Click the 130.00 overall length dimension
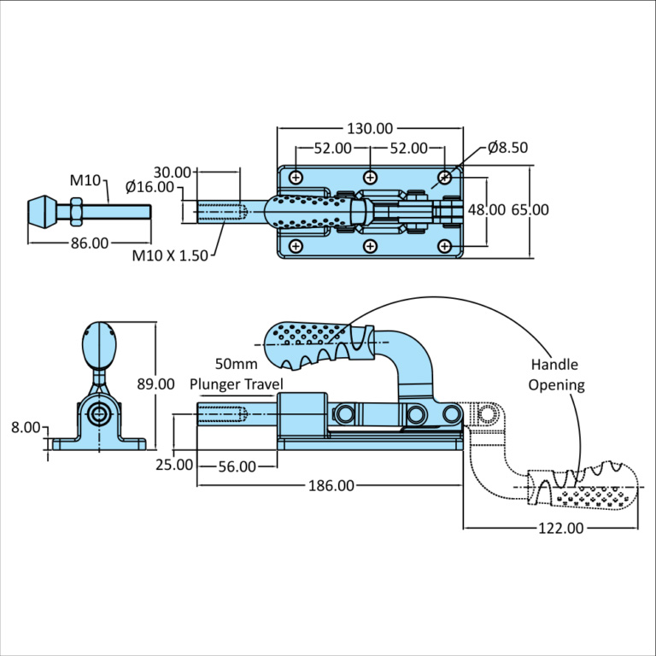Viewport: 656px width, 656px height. (369, 129)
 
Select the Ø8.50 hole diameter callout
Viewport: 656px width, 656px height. (508, 148)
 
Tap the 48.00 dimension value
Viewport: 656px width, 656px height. (485, 209)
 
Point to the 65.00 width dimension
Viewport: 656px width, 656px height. (530, 209)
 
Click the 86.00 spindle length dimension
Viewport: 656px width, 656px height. (89, 243)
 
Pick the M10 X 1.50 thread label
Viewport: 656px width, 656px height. (170, 255)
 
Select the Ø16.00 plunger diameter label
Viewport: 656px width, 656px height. (149, 187)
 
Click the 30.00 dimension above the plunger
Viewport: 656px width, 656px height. (173, 172)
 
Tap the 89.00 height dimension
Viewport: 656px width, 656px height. (155, 384)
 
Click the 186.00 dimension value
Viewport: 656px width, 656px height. (331, 486)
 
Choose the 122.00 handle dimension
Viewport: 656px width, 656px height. (562, 528)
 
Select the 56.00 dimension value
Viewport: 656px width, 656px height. (237, 466)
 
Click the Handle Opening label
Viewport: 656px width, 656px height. (556, 375)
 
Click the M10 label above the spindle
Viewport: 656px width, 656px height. (85, 180)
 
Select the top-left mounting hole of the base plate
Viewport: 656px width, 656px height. (296, 177)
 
